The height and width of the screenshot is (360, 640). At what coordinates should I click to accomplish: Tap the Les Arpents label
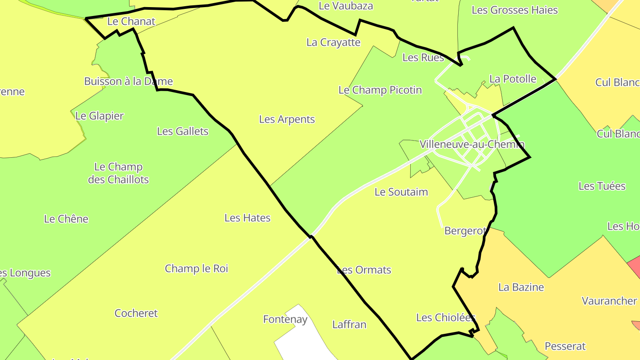point(287,119)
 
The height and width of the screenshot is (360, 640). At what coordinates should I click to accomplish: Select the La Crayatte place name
point(333,42)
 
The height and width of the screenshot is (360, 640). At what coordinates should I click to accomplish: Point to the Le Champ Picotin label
point(380,90)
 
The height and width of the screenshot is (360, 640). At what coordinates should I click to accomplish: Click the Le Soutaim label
point(401,192)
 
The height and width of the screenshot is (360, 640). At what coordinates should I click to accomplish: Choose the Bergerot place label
point(465,231)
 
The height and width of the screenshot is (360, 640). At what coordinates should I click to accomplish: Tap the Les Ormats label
point(364,270)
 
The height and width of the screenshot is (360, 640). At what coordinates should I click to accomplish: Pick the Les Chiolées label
point(446,317)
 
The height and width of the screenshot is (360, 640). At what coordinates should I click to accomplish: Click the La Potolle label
point(512,79)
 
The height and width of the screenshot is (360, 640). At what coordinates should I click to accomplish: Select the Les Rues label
point(423,57)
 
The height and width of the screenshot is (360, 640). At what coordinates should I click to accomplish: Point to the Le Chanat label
point(131,21)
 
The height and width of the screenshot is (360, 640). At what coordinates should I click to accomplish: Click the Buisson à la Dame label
point(128,81)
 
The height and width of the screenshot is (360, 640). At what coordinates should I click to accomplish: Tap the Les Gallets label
point(183,131)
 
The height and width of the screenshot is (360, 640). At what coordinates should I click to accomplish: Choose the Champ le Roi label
point(196,268)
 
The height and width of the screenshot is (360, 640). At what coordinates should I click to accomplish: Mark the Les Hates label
point(247,218)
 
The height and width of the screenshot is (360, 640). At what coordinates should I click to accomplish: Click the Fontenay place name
point(285,319)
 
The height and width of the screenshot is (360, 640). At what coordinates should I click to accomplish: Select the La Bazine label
point(521,287)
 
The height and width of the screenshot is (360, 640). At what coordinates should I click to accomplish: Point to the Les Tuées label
point(602,186)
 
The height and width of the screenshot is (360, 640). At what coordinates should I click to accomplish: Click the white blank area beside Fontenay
point(302,342)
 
